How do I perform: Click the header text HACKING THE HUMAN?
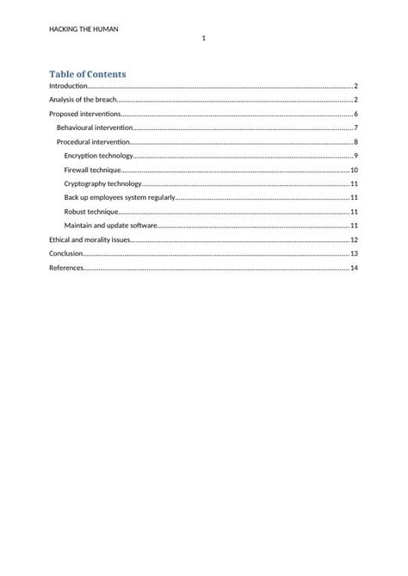click(83, 28)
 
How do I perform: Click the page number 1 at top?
click(203, 40)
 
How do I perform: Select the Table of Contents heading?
click(87, 74)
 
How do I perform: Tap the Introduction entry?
click(68, 86)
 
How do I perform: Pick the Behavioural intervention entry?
click(95, 127)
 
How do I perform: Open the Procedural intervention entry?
click(93, 141)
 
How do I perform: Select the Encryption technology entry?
click(99, 156)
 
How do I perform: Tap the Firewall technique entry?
click(92, 170)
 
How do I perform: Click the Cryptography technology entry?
click(102, 183)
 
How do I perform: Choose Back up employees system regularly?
click(120, 197)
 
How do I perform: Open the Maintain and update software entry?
click(110, 225)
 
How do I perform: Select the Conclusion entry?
click(66, 253)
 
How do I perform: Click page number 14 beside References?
click(354, 268)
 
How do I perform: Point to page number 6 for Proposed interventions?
click(355, 114)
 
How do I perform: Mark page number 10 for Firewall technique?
click(354, 170)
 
